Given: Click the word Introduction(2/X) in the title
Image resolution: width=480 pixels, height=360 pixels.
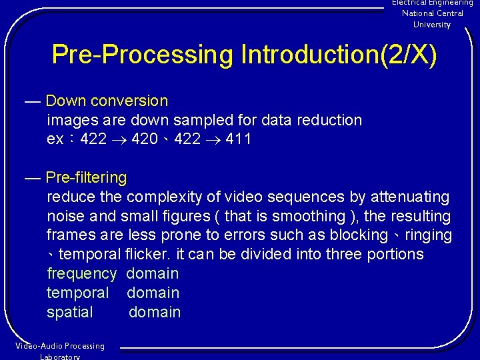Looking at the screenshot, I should point(339,55).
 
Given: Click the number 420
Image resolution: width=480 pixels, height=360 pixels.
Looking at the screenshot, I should point(144,140).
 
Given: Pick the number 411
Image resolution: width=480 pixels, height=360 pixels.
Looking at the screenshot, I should point(238,140).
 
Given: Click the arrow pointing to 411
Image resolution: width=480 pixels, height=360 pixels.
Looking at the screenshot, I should point(213,140).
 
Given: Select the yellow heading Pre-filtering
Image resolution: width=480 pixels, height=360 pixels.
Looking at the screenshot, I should point(86,178).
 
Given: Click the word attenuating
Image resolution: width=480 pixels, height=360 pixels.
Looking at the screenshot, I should point(410,197).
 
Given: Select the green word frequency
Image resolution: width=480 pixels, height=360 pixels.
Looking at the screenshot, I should point(81,274).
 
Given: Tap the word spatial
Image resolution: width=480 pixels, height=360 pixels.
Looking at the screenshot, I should point(70,313).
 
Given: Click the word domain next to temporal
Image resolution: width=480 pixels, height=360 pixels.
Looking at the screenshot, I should point(153,293).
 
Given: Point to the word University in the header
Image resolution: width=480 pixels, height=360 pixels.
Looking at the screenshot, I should point(432,25).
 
